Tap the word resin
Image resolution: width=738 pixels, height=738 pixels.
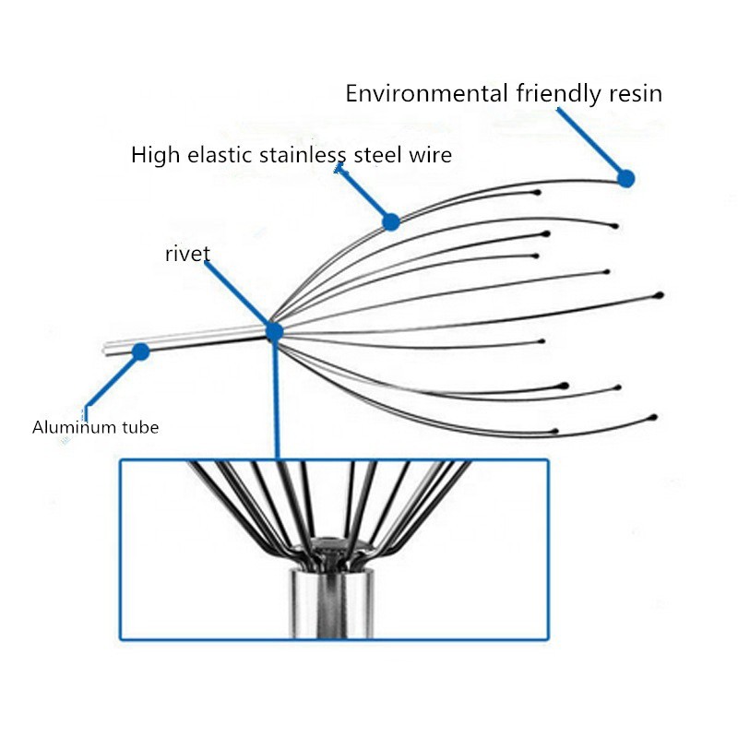[x=634, y=93]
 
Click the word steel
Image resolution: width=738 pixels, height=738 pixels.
[x=378, y=154]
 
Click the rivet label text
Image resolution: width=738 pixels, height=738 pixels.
[x=187, y=255]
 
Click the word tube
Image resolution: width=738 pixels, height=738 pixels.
[x=139, y=427]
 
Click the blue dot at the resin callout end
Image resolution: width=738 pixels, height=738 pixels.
[x=626, y=179]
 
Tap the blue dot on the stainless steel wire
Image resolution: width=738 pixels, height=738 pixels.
[x=391, y=221]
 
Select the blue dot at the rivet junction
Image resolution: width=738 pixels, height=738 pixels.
[x=274, y=331]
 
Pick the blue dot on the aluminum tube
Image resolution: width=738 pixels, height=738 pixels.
[x=141, y=351]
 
